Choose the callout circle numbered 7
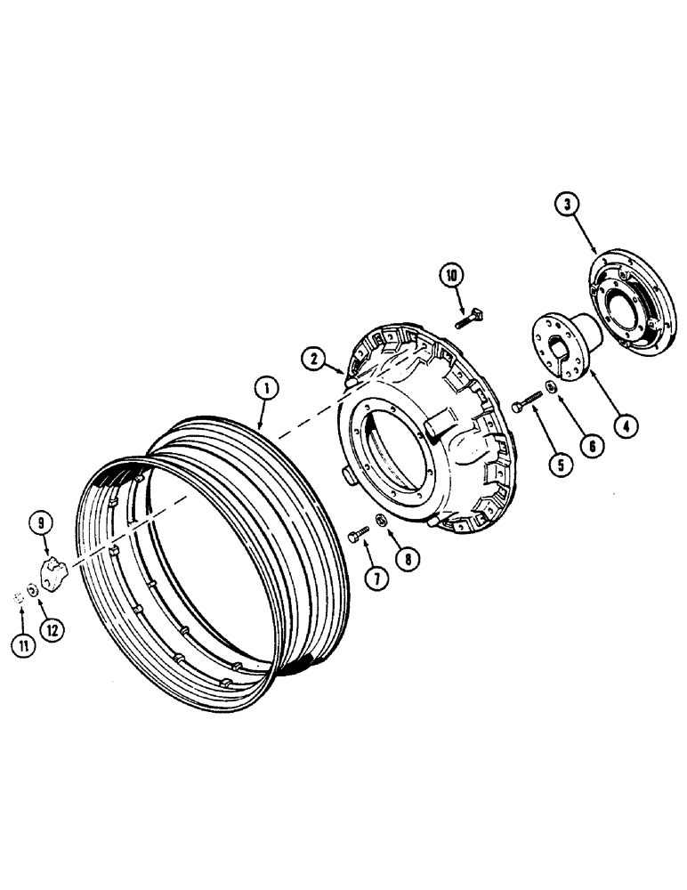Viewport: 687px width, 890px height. coord(376,577)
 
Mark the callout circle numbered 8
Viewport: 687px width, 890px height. coord(408,561)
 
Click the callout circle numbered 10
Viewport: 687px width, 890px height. coord(452,277)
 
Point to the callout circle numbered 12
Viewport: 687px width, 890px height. coord(53,628)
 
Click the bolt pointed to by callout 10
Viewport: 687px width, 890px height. coord(471,317)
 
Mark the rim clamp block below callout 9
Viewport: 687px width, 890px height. coord(56,570)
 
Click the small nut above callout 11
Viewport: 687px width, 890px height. coord(20,597)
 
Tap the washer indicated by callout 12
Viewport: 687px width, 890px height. coord(32,588)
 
